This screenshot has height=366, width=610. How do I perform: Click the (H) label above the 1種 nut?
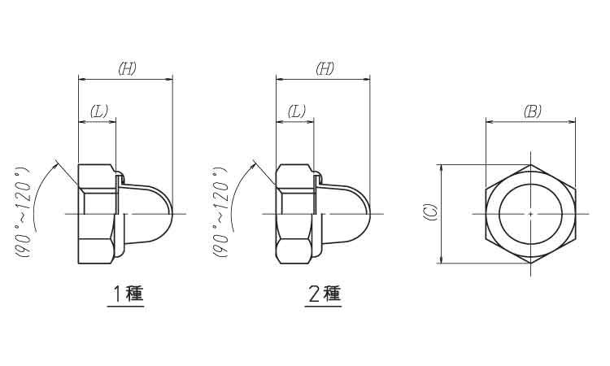(126, 69)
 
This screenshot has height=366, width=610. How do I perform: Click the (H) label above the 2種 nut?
(324, 69)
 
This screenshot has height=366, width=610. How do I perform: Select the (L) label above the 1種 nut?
(98, 111)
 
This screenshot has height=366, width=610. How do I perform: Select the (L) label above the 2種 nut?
(296, 111)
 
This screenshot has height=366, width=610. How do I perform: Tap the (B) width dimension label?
(531, 111)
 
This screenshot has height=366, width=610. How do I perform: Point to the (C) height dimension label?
(430, 213)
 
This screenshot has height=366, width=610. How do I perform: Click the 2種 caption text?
(324, 294)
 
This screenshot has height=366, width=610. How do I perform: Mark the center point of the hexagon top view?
(530, 214)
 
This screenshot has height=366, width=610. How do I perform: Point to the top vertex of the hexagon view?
(530, 164)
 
